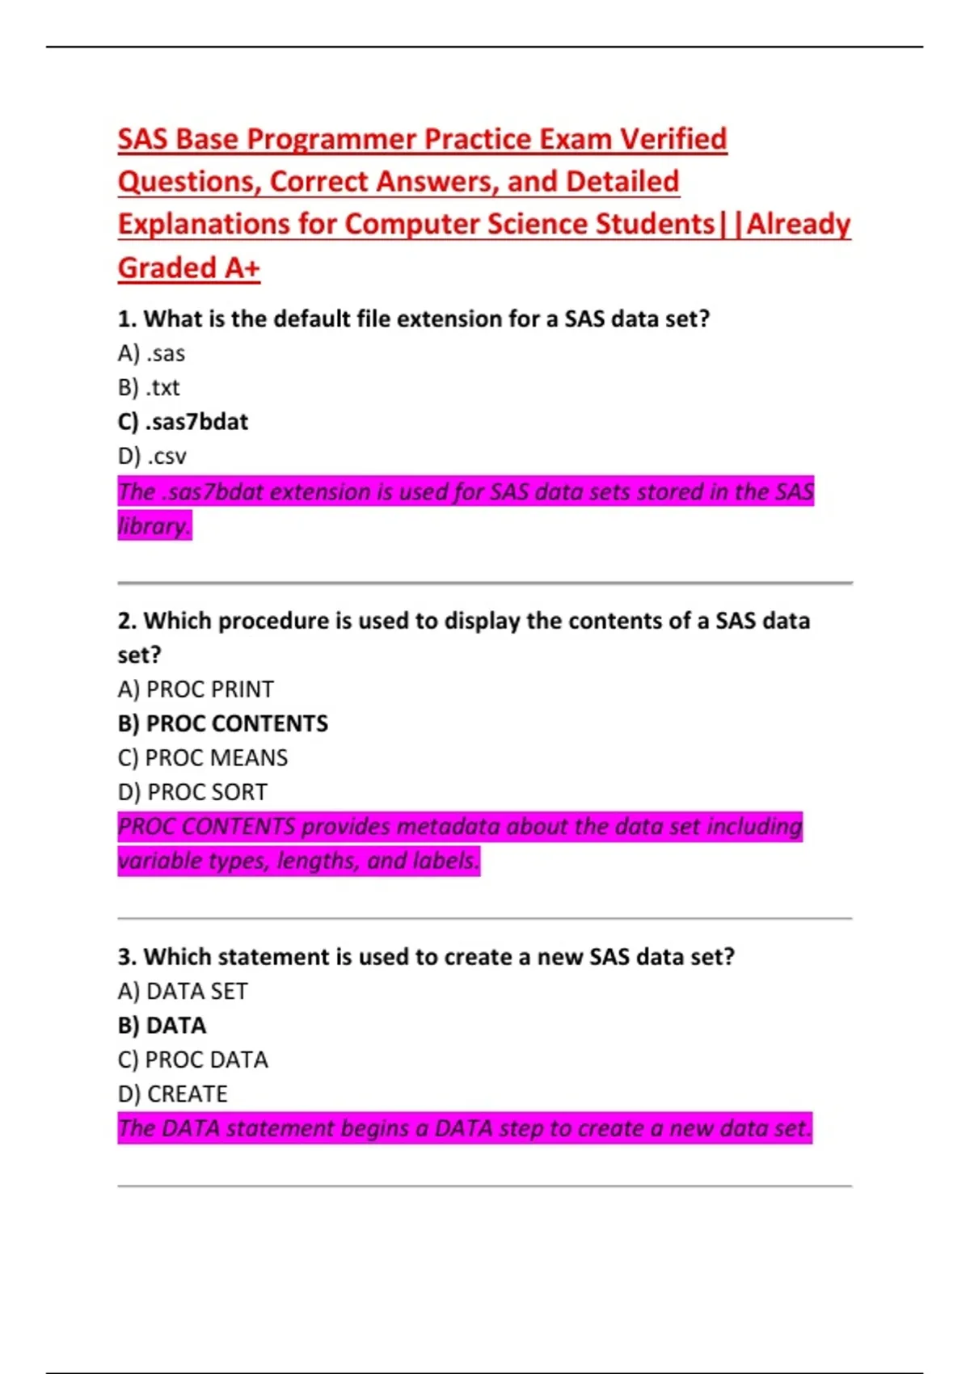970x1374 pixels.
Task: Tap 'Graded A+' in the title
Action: (x=188, y=268)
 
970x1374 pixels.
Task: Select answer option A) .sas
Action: (x=151, y=354)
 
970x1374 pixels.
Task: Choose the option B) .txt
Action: (x=149, y=388)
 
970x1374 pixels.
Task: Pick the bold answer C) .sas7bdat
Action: (x=183, y=422)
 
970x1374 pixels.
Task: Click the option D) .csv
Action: (x=152, y=457)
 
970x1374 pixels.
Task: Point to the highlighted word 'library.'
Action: (x=154, y=526)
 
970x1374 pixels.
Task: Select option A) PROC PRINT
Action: (x=196, y=689)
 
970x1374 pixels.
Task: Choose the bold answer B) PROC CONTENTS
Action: (x=223, y=723)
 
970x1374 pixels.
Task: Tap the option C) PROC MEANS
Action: (x=203, y=758)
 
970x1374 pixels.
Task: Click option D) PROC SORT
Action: (x=192, y=792)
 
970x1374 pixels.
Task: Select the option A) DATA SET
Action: (x=183, y=991)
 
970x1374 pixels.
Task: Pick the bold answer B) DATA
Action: (x=162, y=1026)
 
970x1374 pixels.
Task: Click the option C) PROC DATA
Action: (x=193, y=1060)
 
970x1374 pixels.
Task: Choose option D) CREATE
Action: (x=173, y=1094)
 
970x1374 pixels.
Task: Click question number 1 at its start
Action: (x=126, y=319)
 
